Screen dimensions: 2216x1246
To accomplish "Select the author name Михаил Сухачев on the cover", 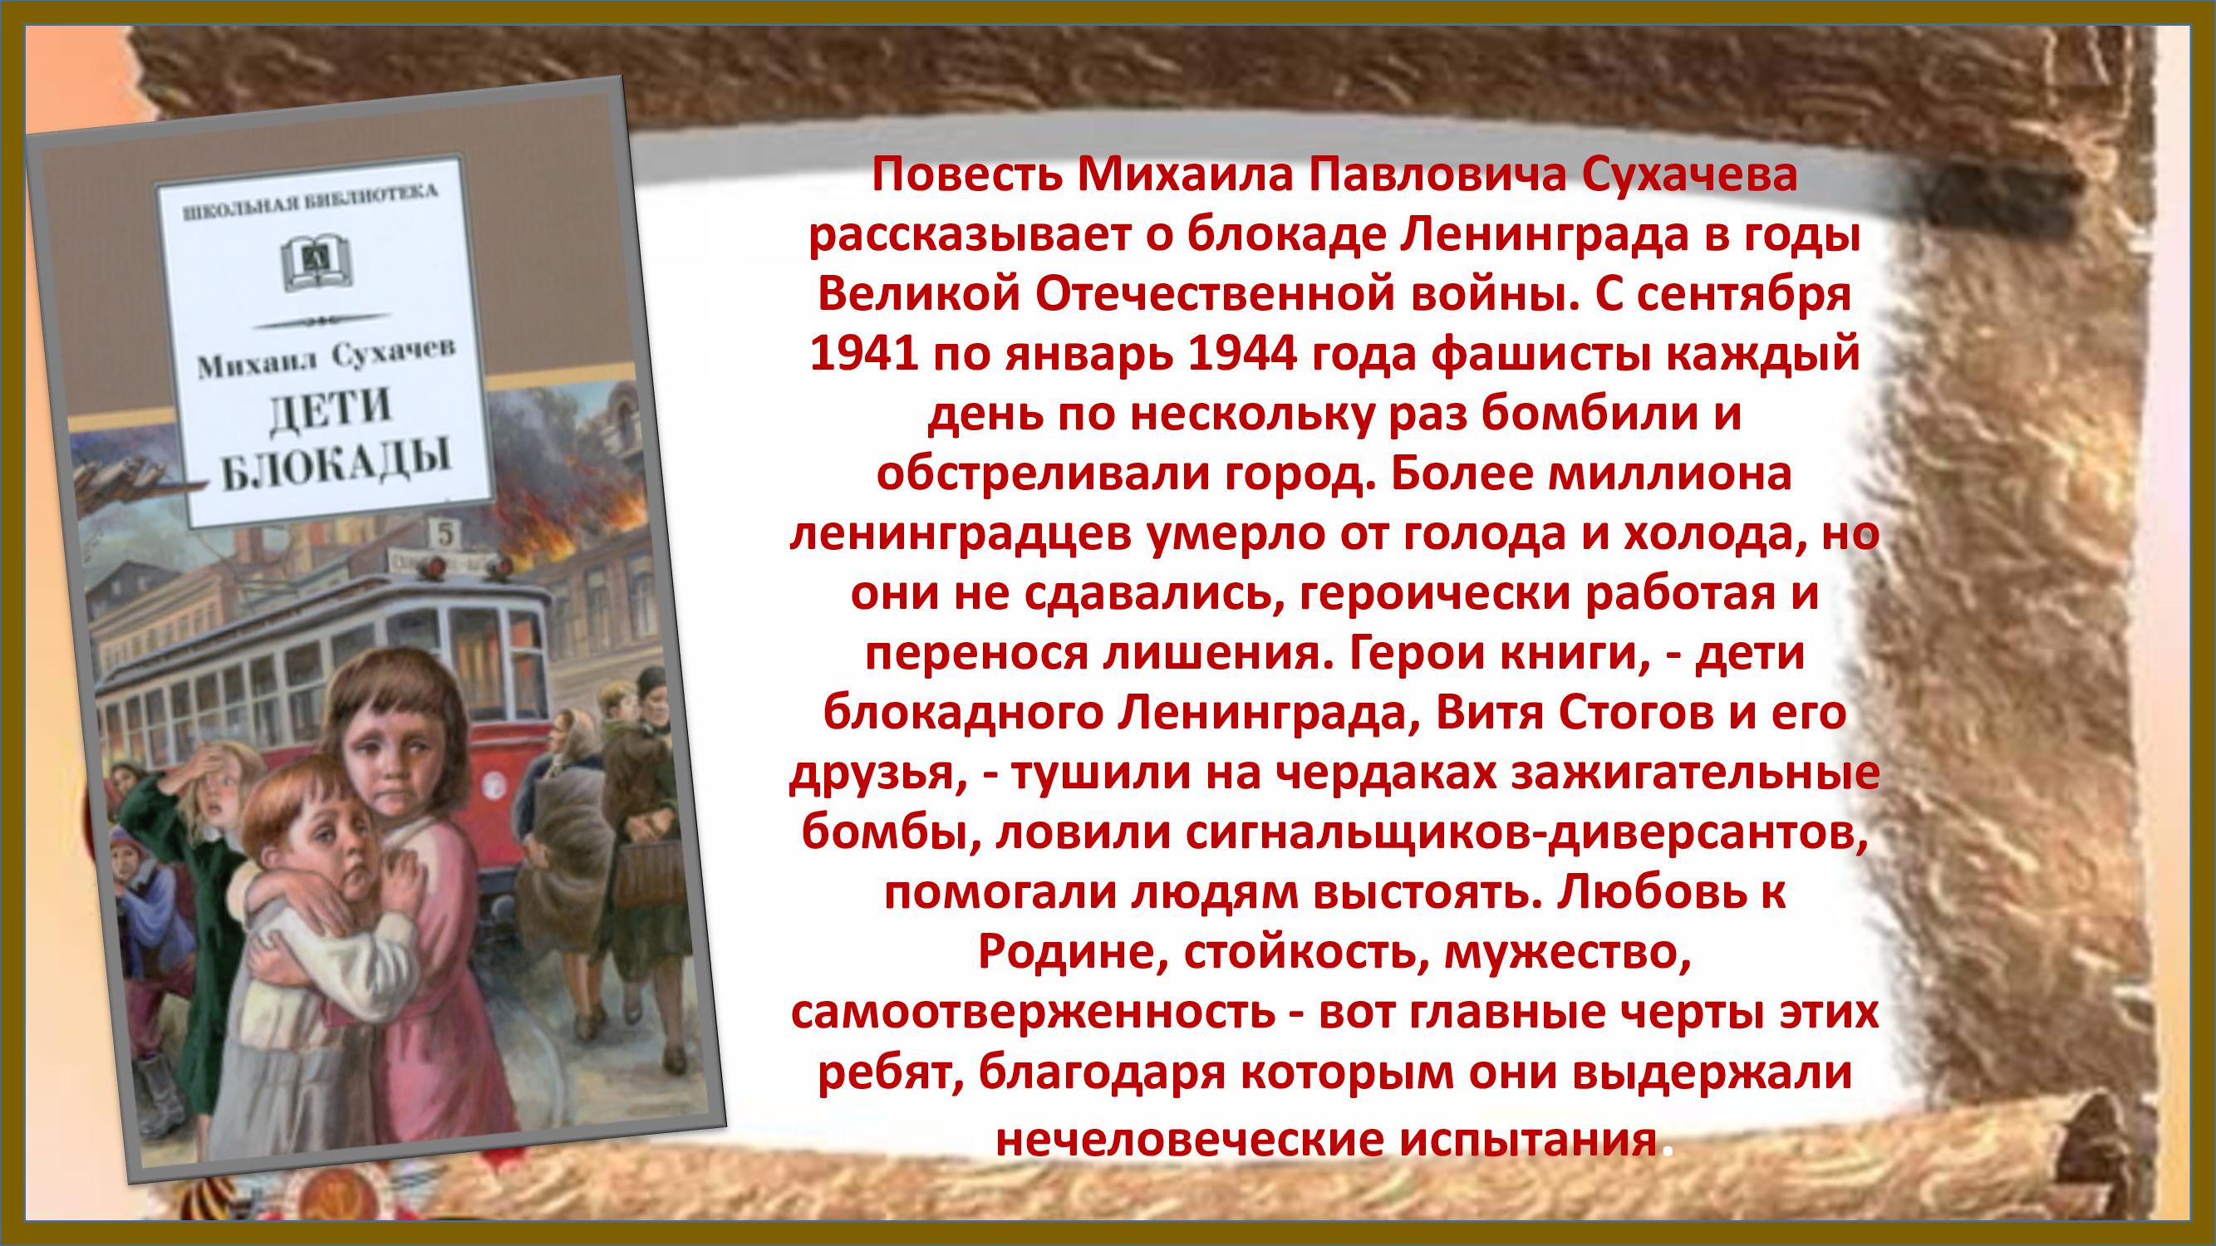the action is click(x=326, y=361).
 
